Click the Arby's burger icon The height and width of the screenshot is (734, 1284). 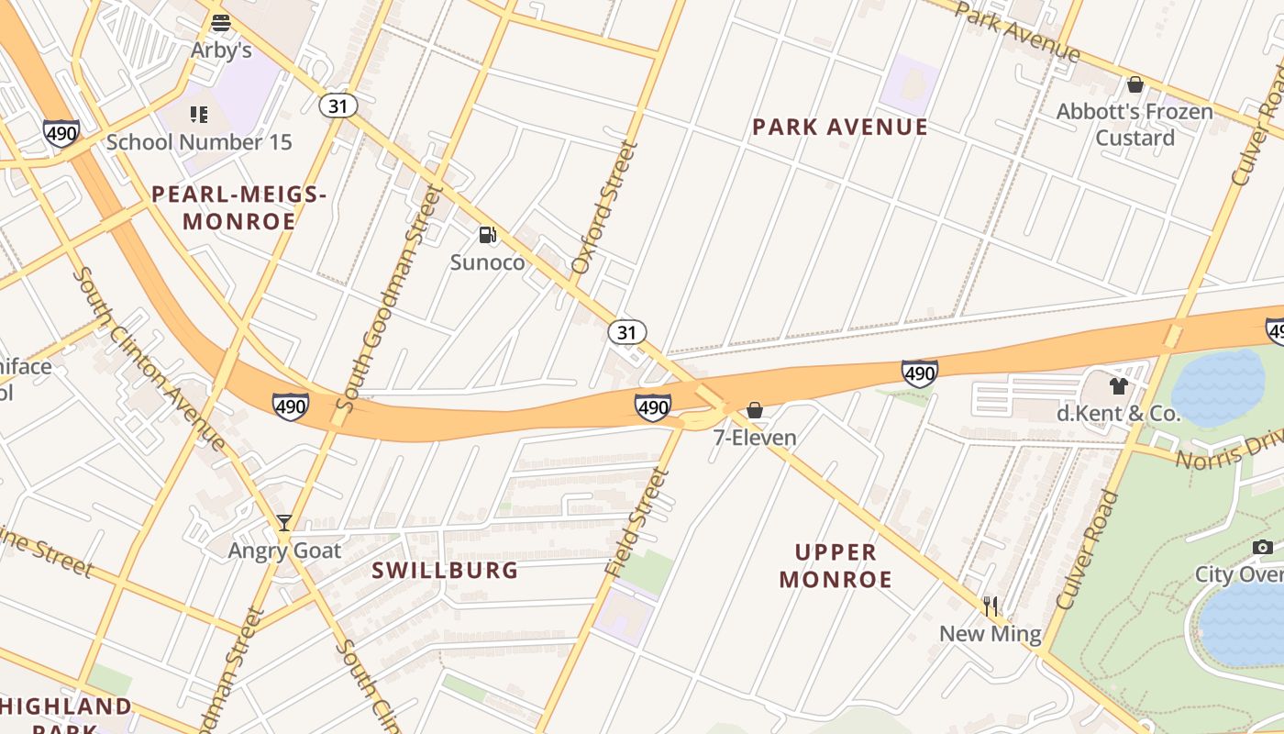[x=220, y=23]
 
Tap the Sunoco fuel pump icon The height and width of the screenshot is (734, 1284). [x=488, y=236]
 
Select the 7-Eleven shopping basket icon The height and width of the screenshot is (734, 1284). [x=755, y=410]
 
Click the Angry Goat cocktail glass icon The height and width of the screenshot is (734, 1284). [x=284, y=523]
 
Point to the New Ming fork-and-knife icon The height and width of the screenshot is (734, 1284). [x=991, y=606]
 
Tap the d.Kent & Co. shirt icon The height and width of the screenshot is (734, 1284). [x=1118, y=386]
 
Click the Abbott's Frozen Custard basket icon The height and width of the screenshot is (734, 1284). [x=1135, y=85]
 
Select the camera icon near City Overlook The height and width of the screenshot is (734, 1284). [x=1263, y=548]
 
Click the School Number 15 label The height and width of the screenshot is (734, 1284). [x=199, y=142]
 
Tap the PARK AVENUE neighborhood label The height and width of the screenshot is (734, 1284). [x=840, y=128]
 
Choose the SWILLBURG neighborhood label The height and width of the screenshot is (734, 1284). [x=445, y=571]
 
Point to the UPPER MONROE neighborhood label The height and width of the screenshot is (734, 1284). [x=836, y=566]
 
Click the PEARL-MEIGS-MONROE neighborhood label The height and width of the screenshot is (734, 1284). [x=238, y=207]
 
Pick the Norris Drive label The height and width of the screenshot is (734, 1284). [x=1229, y=450]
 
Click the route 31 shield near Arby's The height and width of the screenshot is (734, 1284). [x=338, y=106]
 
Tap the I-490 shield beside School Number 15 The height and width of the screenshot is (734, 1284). [x=61, y=134]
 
